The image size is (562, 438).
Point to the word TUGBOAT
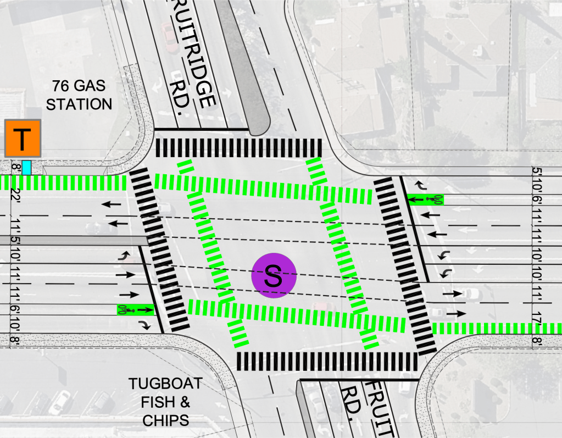point(165,384)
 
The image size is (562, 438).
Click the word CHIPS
point(165,420)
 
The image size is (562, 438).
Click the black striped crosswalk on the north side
point(238,148)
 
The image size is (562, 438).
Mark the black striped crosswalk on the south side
point(327,361)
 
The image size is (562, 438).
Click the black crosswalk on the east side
point(405,264)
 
